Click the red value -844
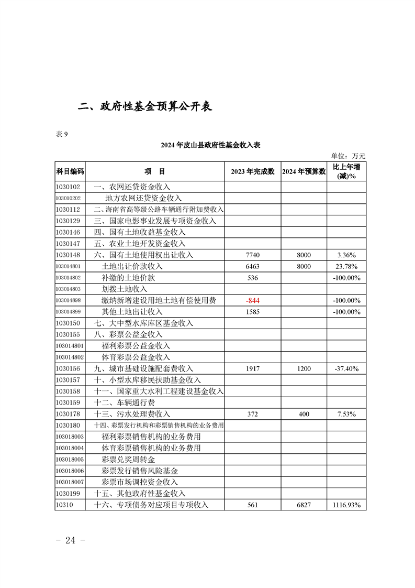point(252,300)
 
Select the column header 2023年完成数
point(252,171)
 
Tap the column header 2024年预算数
point(304,171)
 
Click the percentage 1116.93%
point(346,505)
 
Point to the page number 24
point(70,540)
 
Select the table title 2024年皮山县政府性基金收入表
point(210,145)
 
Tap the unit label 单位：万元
point(348,156)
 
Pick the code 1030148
point(68,255)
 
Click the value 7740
point(252,255)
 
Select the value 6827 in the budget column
point(304,505)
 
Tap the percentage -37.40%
point(346,368)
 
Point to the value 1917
point(252,368)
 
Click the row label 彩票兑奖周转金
point(129,459)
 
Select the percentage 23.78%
point(346,266)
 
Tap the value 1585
point(252,312)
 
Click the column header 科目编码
point(70,171)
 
